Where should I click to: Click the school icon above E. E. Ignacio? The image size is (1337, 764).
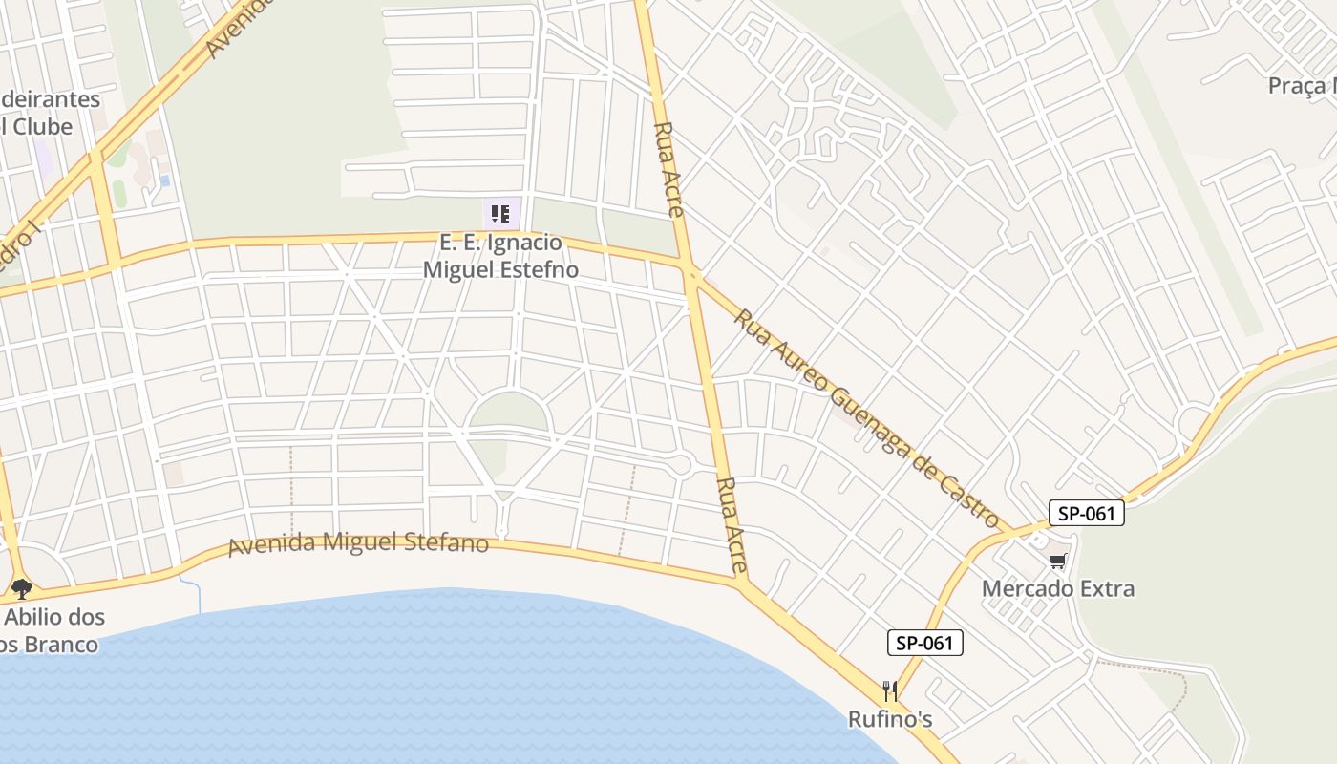coord(500,213)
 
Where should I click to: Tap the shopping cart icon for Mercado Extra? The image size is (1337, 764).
coord(1057,561)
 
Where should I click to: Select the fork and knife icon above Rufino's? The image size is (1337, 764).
coord(890,690)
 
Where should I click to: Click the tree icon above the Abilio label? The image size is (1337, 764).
coord(22,588)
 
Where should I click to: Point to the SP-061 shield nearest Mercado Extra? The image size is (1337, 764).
coord(1087,513)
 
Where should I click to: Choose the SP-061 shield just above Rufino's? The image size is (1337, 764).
coord(924,643)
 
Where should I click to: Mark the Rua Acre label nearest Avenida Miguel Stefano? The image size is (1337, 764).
coord(732,525)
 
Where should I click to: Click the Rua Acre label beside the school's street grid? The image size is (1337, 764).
coord(668,169)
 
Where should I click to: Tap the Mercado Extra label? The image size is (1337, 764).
coord(1058,588)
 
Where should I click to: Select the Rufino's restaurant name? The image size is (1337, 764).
coord(890,719)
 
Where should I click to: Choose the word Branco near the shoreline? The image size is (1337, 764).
coord(57,645)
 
